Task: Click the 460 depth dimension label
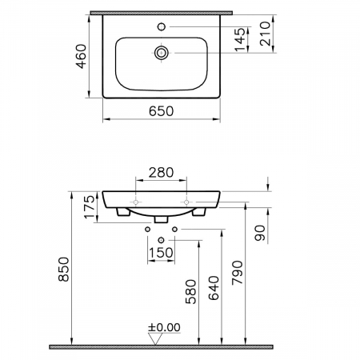(82, 56)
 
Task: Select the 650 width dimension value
(162, 111)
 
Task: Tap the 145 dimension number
(240, 39)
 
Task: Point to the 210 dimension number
(265, 34)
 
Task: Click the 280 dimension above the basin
(161, 173)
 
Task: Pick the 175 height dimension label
(90, 207)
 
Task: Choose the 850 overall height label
(64, 269)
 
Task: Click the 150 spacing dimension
(161, 253)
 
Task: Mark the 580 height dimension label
(191, 292)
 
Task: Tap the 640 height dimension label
(214, 288)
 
